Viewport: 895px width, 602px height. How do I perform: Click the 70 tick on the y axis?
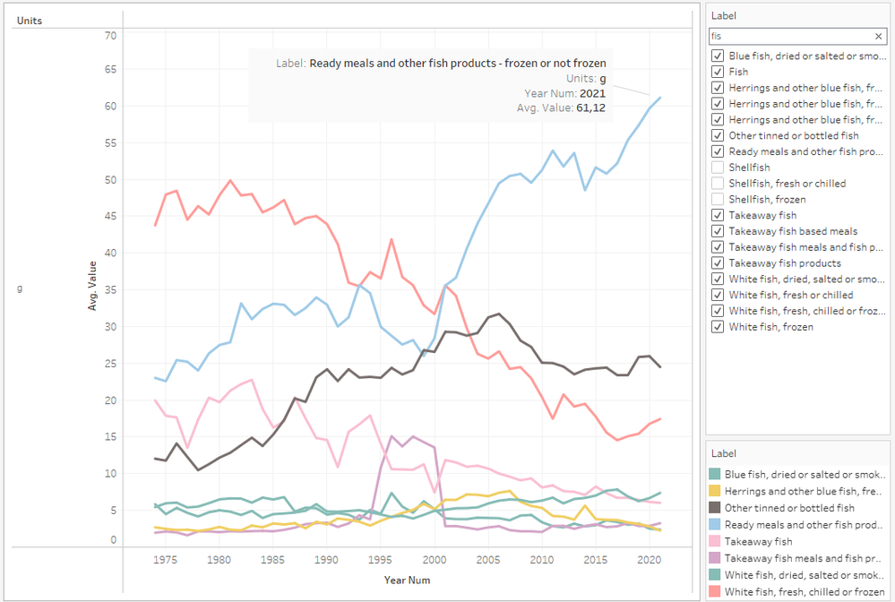111,36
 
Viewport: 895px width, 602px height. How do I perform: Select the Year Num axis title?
408,580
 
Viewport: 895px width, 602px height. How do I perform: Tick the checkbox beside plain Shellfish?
718,168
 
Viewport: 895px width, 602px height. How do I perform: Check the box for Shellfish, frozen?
718,200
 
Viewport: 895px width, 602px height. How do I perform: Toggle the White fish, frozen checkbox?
718,327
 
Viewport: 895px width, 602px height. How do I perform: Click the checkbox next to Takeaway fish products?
718,263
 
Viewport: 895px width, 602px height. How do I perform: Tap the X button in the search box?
879,37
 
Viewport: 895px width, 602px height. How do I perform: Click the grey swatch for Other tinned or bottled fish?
715,508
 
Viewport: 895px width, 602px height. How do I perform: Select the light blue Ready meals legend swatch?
715,525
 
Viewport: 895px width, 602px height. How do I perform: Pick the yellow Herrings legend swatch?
715,491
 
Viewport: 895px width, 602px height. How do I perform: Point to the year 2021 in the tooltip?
592,93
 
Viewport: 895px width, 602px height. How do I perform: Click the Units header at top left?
30,20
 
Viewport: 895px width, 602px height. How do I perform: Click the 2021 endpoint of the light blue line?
660,98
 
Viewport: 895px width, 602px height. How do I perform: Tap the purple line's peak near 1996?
392,436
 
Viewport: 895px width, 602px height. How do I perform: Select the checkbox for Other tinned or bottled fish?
718,135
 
